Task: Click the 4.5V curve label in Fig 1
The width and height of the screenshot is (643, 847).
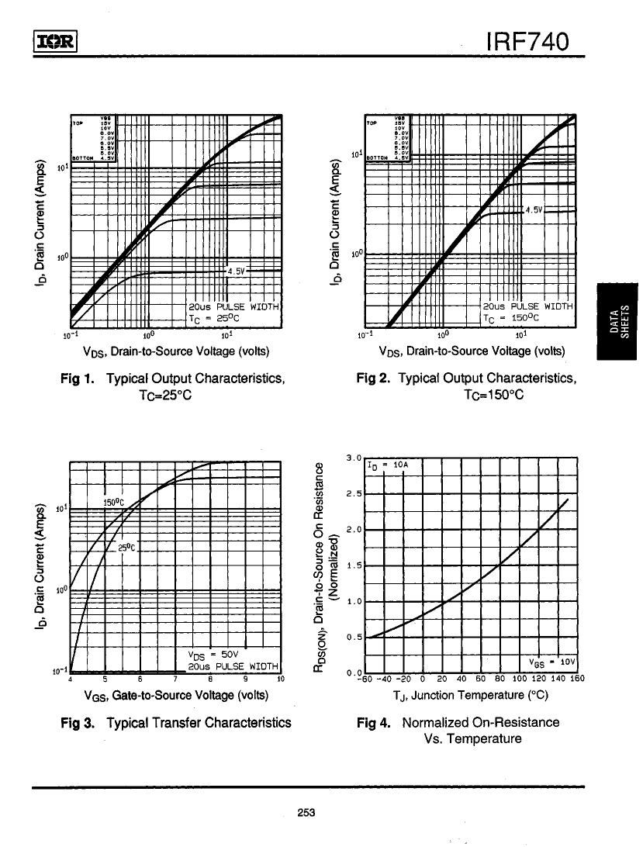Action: pos(236,271)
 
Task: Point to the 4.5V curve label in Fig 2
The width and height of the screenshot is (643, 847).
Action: pos(534,210)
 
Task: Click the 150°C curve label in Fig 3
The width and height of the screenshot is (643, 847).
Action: pos(113,501)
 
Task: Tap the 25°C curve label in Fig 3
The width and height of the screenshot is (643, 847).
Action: pos(127,548)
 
